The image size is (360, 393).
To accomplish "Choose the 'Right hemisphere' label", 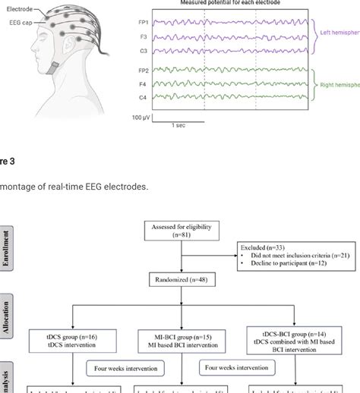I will pos(337,86).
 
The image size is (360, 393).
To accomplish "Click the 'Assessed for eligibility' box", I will pos(185,231).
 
